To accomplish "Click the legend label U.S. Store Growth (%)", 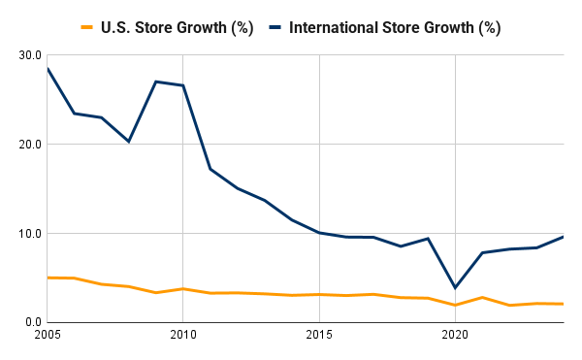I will click(x=177, y=27).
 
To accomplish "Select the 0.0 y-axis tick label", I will click(x=31, y=322).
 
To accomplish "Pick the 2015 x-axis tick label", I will click(x=319, y=336).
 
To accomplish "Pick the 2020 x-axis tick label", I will click(x=455, y=336).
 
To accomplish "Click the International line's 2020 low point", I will click(x=455, y=288).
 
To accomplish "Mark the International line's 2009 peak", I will click(x=155, y=82).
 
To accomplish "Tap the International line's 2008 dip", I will click(x=128, y=142).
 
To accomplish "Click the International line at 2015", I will click(x=319, y=233).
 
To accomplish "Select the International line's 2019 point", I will click(x=428, y=239).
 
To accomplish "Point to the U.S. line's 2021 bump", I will click(x=482, y=297).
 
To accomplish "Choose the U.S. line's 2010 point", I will click(x=182, y=289).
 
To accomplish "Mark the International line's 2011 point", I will click(x=210, y=169).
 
